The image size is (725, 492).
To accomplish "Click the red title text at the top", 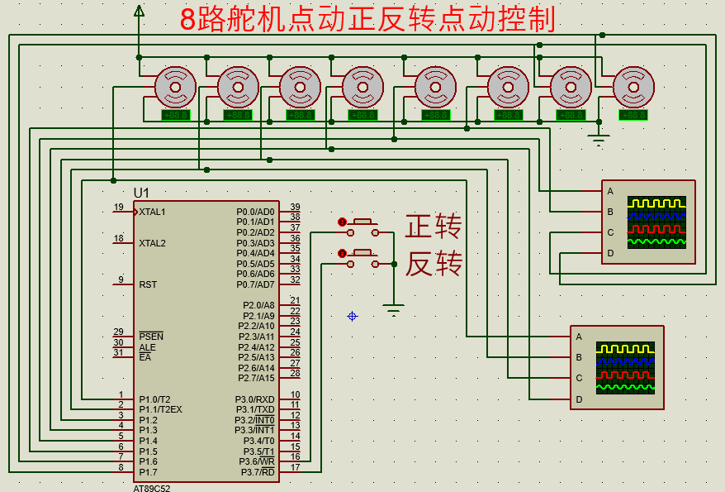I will [x=367, y=19].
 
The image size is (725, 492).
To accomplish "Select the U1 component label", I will [x=142, y=192].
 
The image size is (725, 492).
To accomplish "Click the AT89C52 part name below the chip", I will [x=152, y=488].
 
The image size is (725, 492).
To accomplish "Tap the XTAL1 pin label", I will [x=152, y=212].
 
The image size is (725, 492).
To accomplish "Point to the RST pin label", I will [x=148, y=284].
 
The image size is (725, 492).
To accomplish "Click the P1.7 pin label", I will [x=148, y=472].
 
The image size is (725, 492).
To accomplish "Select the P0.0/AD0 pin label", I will [x=255, y=212].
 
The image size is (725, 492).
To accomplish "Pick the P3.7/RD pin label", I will [x=257, y=472].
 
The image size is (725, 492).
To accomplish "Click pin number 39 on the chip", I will [x=295, y=208].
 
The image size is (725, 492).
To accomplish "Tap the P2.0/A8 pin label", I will [x=257, y=305].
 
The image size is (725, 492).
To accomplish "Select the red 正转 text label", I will [x=433, y=226].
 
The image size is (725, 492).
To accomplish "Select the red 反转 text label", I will [x=433, y=264].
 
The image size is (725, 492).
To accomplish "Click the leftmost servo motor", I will [x=175, y=86].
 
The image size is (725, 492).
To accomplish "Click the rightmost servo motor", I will [x=633, y=86].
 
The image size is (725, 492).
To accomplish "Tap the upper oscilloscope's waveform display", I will [x=656, y=222].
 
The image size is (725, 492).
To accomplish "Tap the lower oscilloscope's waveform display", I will [x=625, y=368].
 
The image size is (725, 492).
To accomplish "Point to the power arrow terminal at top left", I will [x=139, y=11].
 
